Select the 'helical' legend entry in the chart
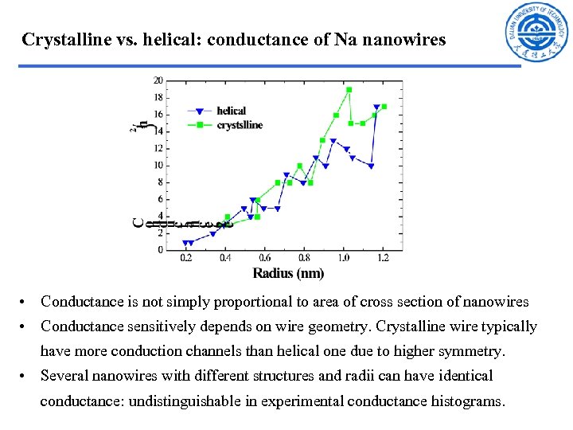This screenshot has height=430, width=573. click(x=231, y=111)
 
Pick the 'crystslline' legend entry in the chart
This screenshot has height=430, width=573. click(x=239, y=125)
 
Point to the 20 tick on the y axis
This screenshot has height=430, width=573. click(x=158, y=80)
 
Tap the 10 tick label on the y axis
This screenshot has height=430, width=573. click(x=158, y=165)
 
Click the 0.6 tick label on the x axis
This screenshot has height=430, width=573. click(x=266, y=259)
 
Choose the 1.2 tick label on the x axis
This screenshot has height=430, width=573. click(x=384, y=259)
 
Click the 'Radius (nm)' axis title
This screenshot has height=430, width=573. click(x=288, y=273)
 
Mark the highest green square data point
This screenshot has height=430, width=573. click(x=349, y=89)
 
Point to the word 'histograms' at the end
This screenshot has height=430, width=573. click(x=466, y=401)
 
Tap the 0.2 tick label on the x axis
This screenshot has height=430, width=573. click(x=186, y=259)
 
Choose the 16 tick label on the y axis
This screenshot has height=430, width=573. click(x=158, y=115)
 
